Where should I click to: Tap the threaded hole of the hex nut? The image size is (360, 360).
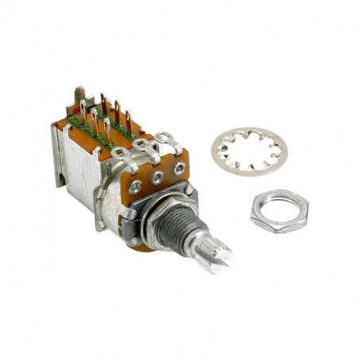[x=280, y=210]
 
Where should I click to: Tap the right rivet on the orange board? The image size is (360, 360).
[x=179, y=169]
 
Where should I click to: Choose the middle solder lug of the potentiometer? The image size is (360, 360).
[x=145, y=146]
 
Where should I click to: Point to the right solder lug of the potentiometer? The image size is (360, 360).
[x=167, y=139]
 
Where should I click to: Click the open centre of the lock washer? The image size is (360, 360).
[x=249, y=151]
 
